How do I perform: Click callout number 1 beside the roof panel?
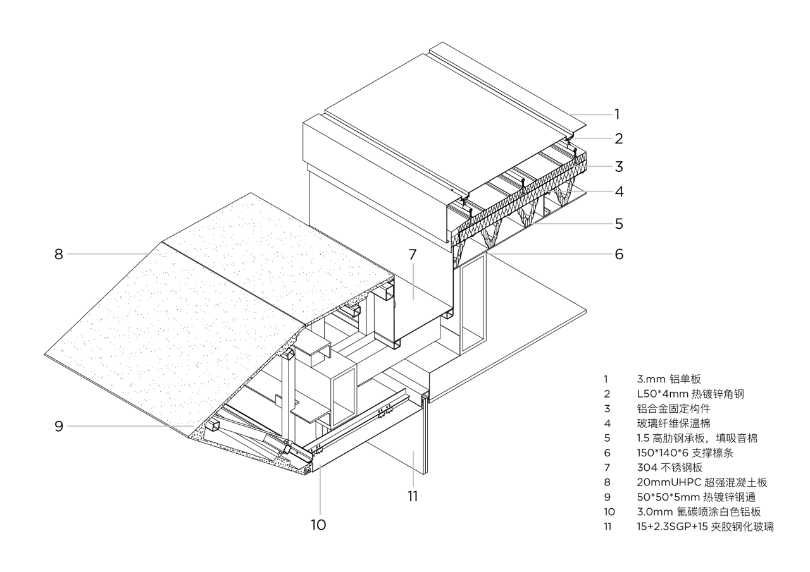(x=617, y=114)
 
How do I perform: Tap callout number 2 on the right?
(x=618, y=138)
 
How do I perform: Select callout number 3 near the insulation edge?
(x=618, y=167)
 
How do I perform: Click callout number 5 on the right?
(x=618, y=223)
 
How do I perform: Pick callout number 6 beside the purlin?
(x=618, y=254)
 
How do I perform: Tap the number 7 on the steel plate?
(x=413, y=255)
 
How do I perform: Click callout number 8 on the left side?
(x=58, y=254)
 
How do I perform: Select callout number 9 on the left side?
(x=58, y=426)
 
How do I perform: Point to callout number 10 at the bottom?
(x=319, y=524)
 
